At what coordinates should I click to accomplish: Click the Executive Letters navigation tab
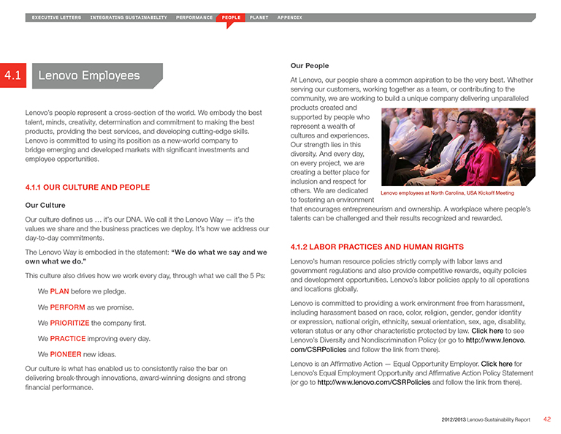click(x=56, y=17)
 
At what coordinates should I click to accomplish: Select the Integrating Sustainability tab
click(x=129, y=17)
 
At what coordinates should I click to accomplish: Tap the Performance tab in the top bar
click(x=194, y=17)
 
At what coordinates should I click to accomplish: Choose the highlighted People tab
click(x=231, y=17)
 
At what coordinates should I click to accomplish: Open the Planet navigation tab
click(x=259, y=17)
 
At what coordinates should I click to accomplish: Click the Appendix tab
click(x=289, y=17)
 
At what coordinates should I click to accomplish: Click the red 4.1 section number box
click(x=12, y=75)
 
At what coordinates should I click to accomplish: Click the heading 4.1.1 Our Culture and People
click(x=87, y=187)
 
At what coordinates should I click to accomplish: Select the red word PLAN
click(x=59, y=291)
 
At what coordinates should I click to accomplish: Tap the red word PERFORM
click(x=67, y=307)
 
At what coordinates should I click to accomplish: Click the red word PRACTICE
click(x=67, y=338)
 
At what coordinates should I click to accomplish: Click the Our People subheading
click(x=309, y=66)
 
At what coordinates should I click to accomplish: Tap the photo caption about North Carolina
click(x=447, y=193)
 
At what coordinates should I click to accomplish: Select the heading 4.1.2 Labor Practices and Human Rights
click(x=376, y=247)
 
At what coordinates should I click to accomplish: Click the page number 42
click(x=547, y=419)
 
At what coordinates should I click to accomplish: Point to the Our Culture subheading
click(x=45, y=205)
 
